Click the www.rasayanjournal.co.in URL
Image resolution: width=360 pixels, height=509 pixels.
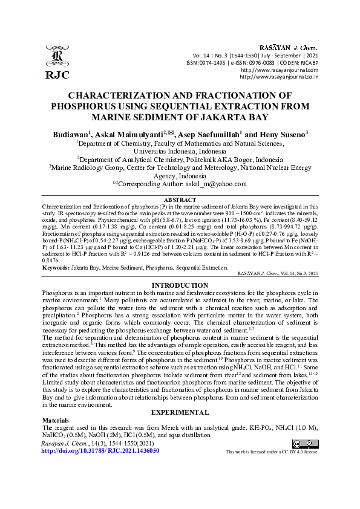pyautogui.click(x=279, y=77)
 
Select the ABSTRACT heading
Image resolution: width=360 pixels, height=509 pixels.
pyautogui.click(x=180, y=199)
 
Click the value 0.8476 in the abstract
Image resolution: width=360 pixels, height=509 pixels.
pyautogui.click(x=53, y=261)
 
